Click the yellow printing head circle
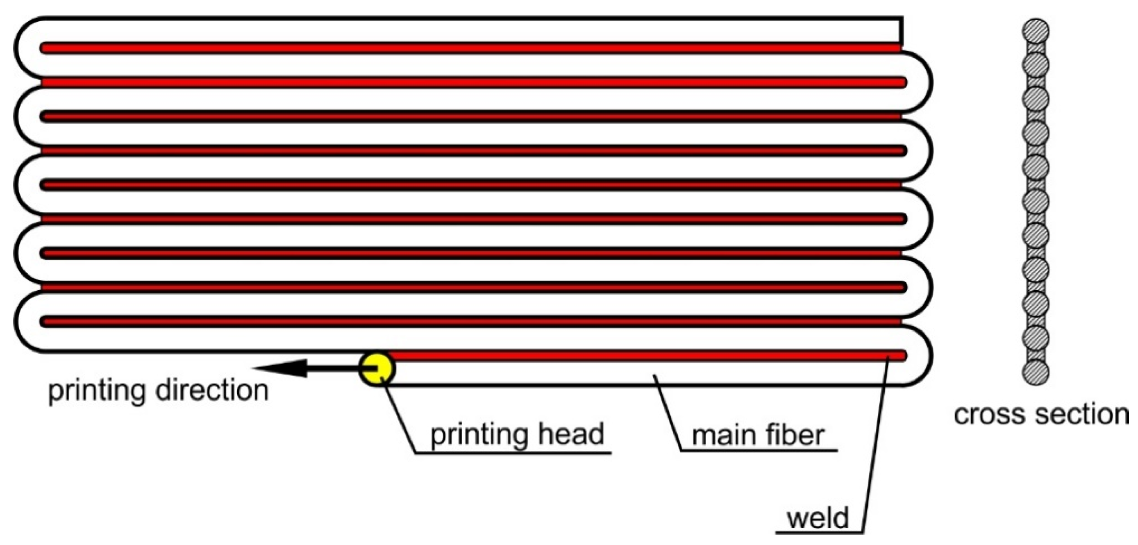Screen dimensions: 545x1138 pos(377,368)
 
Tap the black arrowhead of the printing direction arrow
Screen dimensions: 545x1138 pos(283,368)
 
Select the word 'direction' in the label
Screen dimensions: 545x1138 pos(212,391)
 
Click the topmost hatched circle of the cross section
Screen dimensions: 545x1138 pos(1036,32)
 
